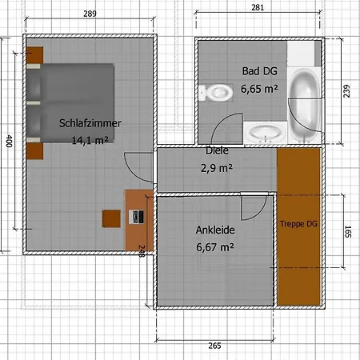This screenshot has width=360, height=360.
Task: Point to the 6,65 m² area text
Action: coord(259,89)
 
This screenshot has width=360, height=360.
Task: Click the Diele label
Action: coord(217,150)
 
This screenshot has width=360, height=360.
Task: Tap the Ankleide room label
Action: coord(214,230)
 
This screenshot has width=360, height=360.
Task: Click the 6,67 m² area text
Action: coord(214,247)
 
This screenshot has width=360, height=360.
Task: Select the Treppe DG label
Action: coord(298,225)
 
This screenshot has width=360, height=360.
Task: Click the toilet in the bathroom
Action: coord(215,93)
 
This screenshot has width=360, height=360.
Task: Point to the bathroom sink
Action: coord(263,130)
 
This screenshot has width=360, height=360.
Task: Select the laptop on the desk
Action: coord(137,215)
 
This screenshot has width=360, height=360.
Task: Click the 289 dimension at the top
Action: coord(90,14)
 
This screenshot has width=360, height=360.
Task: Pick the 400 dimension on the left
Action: coord(9,142)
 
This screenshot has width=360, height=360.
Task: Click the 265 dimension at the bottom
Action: coord(213,346)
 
